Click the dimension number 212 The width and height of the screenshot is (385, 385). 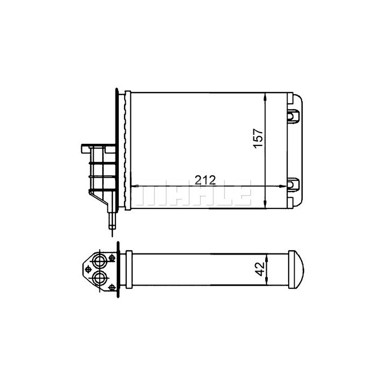pos(205,180)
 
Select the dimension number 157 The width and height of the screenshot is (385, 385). pos(259,138)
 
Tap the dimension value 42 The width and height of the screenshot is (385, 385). pos(260,269)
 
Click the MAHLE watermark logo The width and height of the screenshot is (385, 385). pos(194,192)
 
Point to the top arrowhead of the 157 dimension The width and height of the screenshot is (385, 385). pos(265,97)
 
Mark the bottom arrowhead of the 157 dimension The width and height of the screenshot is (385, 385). pos(265,205)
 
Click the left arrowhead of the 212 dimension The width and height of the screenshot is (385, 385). pos(135,186)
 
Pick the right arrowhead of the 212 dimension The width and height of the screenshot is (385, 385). pos(283,186)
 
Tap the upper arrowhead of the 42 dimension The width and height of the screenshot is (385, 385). pos(267,258)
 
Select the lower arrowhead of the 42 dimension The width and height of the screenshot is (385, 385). pos(267,282)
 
